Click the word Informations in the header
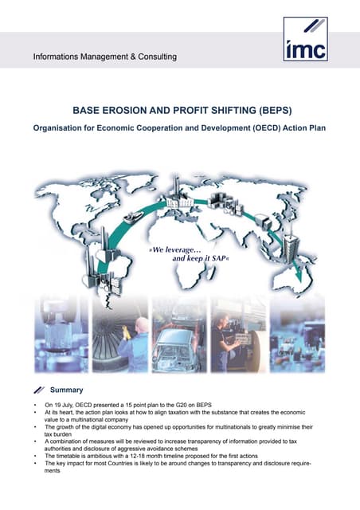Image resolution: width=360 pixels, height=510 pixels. pyautogui.click(x=58, y=57)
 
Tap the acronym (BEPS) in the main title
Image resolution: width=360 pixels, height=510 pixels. pyautogui.click(x=270, y=113)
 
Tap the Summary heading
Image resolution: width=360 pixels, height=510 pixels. pyautogui.click(x=68, y=390)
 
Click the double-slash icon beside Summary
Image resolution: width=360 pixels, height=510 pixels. pyautogui.click(x=40, y=390)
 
